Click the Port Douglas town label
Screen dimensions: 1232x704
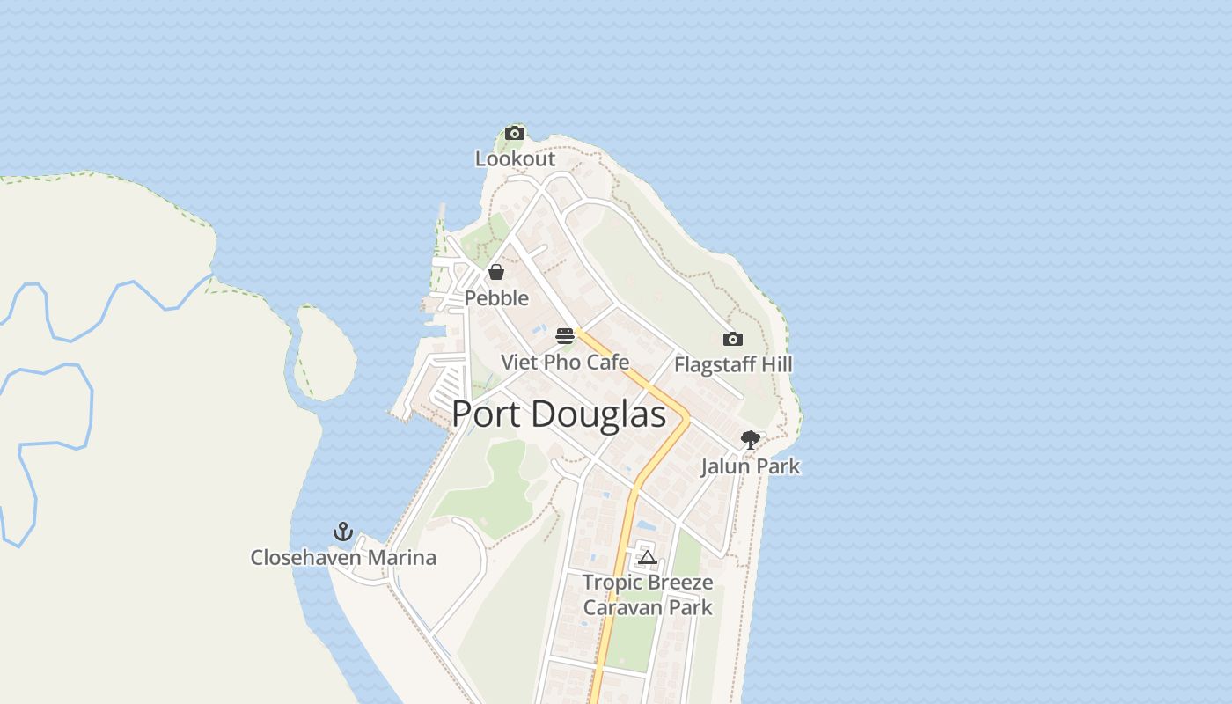(x=559, y=414)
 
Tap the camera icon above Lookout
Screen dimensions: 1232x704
(x=515, y=134)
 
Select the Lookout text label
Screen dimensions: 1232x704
(x=515, y=159)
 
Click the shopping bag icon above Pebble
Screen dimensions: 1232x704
(x=496, y=272)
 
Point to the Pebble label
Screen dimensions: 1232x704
(x=496, y=298)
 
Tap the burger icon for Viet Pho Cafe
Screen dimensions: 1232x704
(x=565, y=336)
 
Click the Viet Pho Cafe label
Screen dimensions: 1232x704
(x=565, y=362)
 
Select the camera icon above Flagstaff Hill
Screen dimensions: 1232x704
(x=732, y=339)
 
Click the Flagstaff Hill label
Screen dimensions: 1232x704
(x=733, y=364)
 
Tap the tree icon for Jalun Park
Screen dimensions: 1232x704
(x=750, y=439)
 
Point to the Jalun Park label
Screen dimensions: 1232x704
(x=750, y=466)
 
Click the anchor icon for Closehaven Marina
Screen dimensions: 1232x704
(x=343, y=532)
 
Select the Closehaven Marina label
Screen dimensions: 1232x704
(x=343, y=558)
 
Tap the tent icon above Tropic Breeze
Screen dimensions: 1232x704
(x=648, y=557)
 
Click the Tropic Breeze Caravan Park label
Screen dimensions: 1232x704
(x=648, y=595)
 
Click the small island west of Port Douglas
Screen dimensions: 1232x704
(x=324, y=352)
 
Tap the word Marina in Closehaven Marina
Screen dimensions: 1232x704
(x=401, y=558)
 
